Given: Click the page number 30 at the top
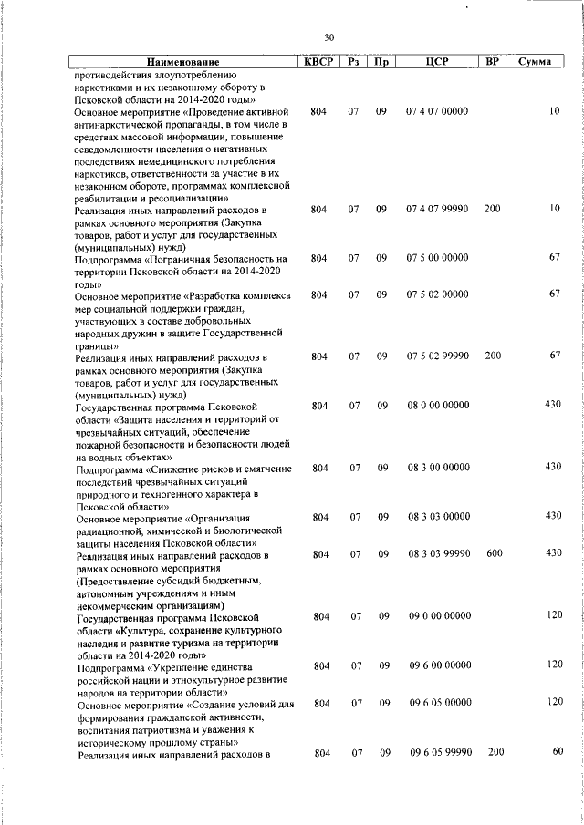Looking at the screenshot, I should pyautogui.click(x=328, y=37).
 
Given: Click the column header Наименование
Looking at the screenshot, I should pyautogui.click(x=182, y=63).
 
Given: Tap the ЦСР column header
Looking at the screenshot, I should pyautogui.click(x=436, y=62).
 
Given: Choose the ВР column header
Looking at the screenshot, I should pyautogui.click(x=492, y=62).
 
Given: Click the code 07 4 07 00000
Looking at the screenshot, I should pyautogui.click(x=437, y=111).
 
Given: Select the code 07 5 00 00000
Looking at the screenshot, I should pyautogui.click(x=437, y=259).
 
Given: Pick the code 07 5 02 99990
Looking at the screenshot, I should pyautogui.click(x=437, y=356).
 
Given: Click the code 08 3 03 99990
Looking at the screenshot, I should pyautogui.click(x=439, y=554).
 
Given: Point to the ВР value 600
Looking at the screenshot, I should pyautogui.click(x=493, y=554).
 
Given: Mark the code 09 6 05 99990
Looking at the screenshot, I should pyautogui.click(x=439, y=752).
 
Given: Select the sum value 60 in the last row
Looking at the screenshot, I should pyautogui.click(x=556, y=751).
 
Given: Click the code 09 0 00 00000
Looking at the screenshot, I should pyautogui.click(x=439, y=617).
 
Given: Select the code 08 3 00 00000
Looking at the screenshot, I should pyautogui.click(x=439, y=468).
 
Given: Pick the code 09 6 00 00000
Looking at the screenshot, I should pyautogui.click(x=439, y=666).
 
